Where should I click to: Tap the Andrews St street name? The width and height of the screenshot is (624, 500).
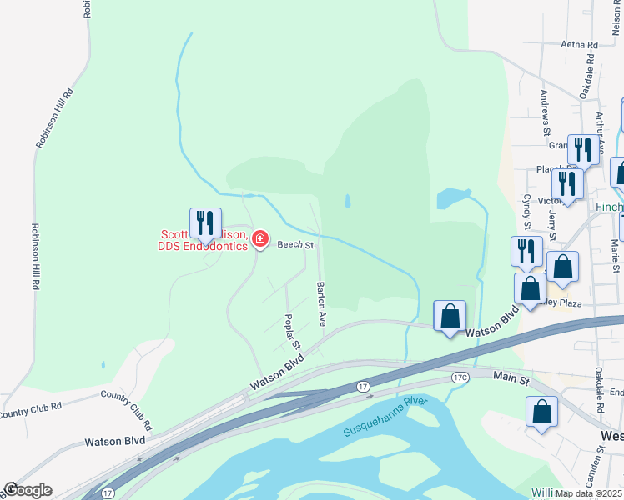[x=546, y=112]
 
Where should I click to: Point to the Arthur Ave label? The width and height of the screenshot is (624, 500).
[x=599, y=126]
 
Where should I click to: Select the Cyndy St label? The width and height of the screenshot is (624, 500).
[x=527, y=212]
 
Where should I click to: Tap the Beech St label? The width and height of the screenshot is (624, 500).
[x=295, y=245]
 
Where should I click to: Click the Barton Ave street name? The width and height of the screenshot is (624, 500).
[x=320, y=303]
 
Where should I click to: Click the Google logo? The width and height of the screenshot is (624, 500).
[x=28, y=490]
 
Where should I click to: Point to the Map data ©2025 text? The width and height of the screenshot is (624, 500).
[x=588, y=493]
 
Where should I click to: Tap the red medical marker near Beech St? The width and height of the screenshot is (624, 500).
[x=260, y=240]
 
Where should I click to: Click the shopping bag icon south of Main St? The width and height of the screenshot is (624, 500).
[x=542, y=412]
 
